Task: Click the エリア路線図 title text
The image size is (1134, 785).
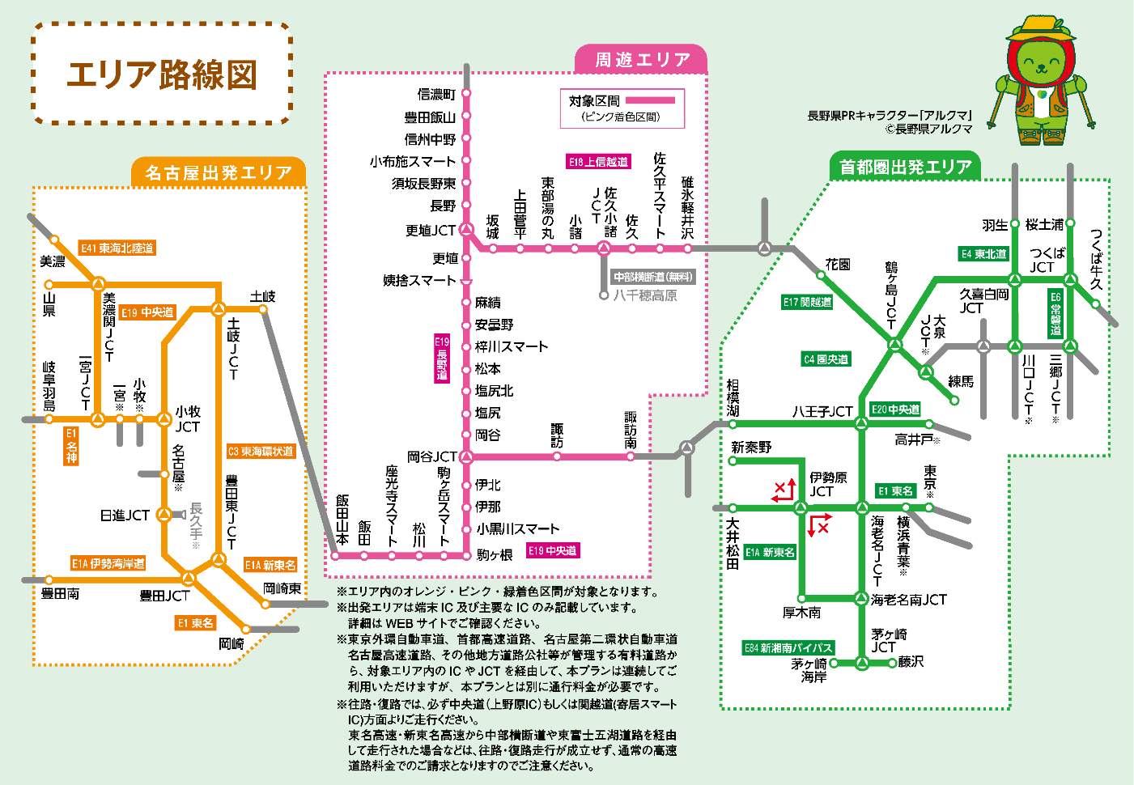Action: click(x=162, y=74)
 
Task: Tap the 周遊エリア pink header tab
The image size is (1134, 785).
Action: click(x=642, y=60)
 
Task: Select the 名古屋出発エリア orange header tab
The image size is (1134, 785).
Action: click(x=218, y=172)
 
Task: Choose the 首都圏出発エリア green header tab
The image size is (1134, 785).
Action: click(x=905, y=167)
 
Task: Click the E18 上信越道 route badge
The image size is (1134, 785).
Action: click(x=598, y=162)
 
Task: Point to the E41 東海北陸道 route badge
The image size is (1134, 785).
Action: click(x=117, y=248)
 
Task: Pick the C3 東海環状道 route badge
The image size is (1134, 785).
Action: click(x=261, y=452)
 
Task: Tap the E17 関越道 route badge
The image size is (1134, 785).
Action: click(x=807, y=302)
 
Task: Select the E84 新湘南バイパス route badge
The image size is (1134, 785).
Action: click(x=788, y=647)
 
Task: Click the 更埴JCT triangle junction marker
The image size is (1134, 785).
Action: click(x=466, y=230)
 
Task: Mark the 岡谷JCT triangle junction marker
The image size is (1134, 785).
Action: click(x=466, y=457)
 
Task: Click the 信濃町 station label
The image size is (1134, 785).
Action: click(x=436, y=95)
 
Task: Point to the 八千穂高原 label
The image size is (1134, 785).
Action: click(x=645, y=295)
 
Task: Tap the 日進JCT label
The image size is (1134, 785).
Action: click(x=125, y=515)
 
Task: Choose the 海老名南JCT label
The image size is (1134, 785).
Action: click(x=908, y=600)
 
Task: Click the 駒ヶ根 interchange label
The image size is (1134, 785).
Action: click(x=495, y=555)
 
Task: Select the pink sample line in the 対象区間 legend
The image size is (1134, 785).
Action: click(x=649, y=100)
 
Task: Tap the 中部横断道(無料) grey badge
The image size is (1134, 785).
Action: click(x=652, y=277)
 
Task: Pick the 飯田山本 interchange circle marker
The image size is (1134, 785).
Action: click(x=336, y=555)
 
